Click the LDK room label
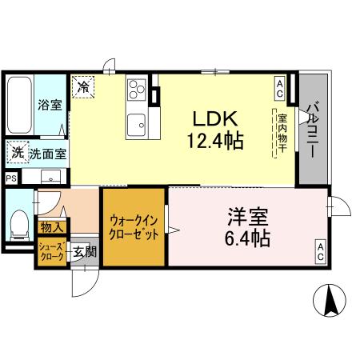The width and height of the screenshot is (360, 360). [x=212, y=119]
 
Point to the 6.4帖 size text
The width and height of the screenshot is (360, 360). [x=246, y=238]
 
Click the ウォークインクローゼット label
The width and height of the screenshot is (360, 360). [x=134, y=227]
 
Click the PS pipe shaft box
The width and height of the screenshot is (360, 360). [x=11, y=178]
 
